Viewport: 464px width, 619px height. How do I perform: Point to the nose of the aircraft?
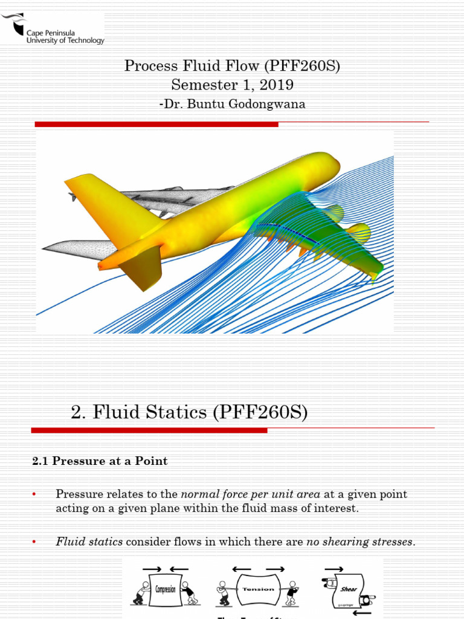(332, 162)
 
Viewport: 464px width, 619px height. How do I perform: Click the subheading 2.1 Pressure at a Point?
(100, 461)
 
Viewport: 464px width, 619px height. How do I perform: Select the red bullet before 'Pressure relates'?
(34, 494)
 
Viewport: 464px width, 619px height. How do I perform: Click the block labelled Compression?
(165, 589)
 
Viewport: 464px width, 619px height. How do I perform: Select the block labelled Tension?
(258, 589)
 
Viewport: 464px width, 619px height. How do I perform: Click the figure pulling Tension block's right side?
(292, 593)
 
